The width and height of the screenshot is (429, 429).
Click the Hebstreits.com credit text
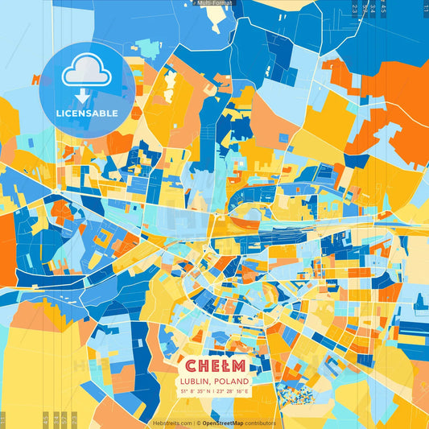[x=171, y=423]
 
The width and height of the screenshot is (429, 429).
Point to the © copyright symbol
[x=196, y=423]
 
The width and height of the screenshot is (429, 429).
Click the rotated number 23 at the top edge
[x=354, y=8]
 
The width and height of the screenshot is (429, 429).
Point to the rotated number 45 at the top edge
[x=383, y=8]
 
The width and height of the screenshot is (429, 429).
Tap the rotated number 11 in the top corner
[x=424, y=8]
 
